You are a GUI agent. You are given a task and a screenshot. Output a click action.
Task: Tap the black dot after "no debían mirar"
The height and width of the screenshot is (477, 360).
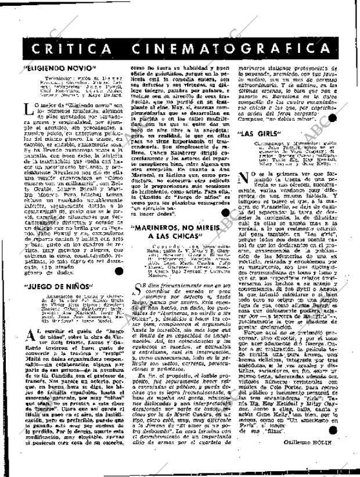tap(332, 118)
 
